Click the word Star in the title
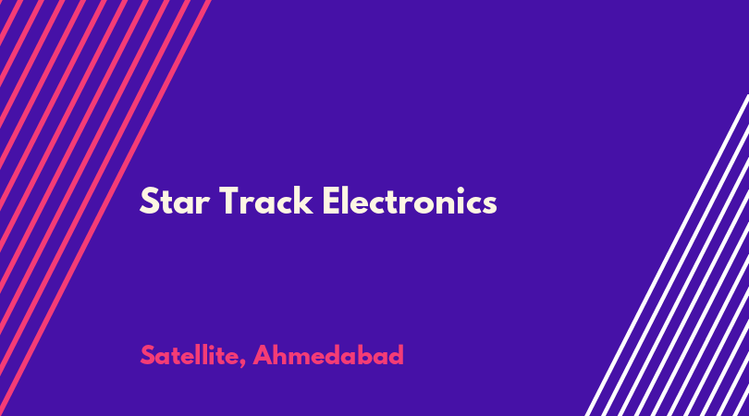tap(175, 202)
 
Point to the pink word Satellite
tap(190, 356)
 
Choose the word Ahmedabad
tap(328, 355)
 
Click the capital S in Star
tap(149, 202)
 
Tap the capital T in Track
tap(229, 202)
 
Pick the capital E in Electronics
tap(331, 202)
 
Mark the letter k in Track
tap(303, 200)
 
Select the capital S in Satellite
tap(147, 355)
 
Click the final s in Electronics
tap(489, 205)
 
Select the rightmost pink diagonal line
tap(105, 208)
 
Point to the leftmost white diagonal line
tap(667, 255)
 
